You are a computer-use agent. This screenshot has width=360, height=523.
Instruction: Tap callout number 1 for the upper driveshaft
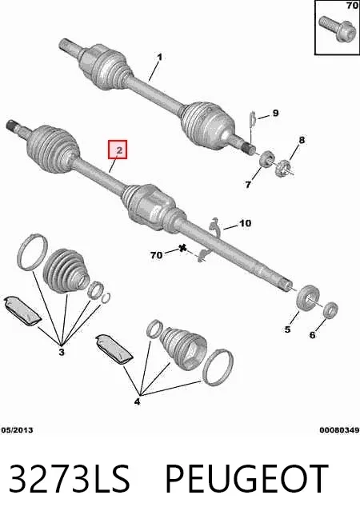[159, 57]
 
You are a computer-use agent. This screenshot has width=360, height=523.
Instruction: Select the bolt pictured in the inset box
[334, 29]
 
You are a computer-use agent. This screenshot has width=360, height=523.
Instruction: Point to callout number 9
[275, 113]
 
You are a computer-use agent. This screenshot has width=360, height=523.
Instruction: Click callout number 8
[302, 140]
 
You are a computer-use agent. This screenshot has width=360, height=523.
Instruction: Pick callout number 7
[248, 185]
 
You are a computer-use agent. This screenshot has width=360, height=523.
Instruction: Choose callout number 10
[246, 223]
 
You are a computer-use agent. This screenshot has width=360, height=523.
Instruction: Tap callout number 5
[287, 329]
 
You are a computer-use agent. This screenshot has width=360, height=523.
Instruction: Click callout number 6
[312, 334]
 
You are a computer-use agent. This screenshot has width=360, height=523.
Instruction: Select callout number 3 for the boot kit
[62, 352]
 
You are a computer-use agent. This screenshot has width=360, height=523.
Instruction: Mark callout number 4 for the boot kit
[137, 402]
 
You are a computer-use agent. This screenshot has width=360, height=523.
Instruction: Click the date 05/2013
[18, 430]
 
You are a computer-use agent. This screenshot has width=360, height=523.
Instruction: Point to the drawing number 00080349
[340, 430]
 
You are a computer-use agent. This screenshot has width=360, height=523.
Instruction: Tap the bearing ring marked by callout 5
[308, 297]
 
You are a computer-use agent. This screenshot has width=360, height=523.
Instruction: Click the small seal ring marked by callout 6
[330, 310]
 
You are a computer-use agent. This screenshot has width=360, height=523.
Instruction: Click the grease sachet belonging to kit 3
[22, 309]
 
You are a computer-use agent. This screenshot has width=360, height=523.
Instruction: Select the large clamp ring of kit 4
[218, 368]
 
